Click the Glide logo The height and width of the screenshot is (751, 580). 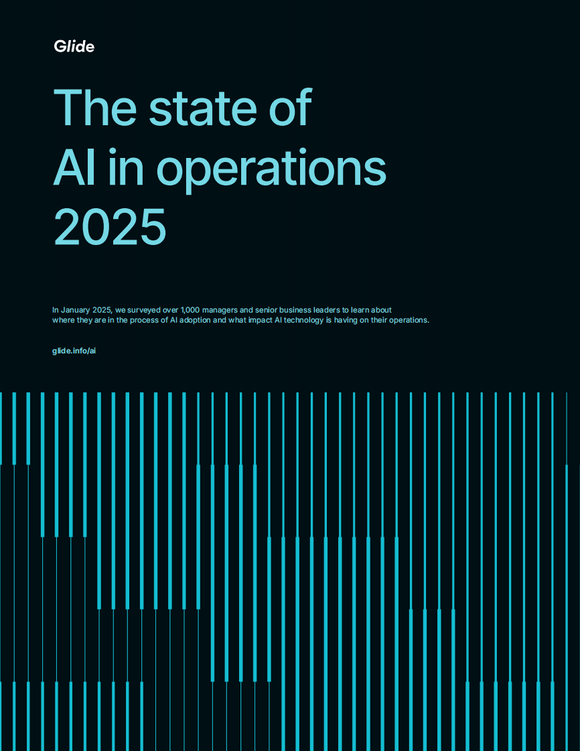74,46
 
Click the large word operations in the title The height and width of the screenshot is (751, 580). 271,169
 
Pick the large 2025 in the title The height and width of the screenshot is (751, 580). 109,228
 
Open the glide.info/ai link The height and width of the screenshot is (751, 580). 74,351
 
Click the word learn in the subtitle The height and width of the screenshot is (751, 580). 366,311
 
